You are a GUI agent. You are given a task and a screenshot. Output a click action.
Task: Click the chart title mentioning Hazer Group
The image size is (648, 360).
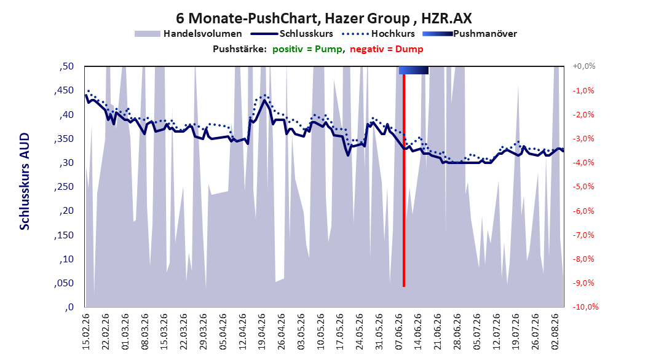pos(323,18)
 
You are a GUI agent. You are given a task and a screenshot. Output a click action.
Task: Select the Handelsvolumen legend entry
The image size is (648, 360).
pos(188,34)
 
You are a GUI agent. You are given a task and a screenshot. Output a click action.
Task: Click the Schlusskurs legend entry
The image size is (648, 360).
pos(292,34)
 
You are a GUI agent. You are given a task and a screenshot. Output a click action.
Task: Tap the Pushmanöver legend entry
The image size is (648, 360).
pos(470,34)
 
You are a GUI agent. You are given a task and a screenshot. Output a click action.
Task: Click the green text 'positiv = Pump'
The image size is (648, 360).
pos(307,49)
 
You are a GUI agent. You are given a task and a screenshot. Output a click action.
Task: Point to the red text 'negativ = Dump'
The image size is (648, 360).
pos(387,49)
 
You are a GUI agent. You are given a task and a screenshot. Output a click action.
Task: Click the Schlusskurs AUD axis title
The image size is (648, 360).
pos(25,181)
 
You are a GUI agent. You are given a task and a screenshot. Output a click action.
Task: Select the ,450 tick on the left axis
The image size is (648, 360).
pos(64,90)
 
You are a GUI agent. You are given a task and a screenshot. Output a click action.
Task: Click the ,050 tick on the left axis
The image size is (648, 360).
pos(64,283)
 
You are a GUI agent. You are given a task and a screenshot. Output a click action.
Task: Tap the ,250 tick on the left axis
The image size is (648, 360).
pos(64,187)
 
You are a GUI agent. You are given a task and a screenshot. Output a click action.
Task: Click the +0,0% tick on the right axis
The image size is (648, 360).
pos(584,66)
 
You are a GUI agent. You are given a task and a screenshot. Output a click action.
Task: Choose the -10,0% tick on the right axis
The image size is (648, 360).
pos(585,307)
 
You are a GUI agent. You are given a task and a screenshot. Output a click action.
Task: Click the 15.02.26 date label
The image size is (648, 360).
pos(86,332)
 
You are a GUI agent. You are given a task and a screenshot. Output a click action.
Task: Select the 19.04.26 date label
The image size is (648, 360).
pos(261,332)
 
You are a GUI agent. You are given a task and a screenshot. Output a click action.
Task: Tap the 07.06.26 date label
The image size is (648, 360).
pos(399,332)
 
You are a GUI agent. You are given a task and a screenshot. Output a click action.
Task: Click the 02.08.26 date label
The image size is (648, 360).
pos(555,332)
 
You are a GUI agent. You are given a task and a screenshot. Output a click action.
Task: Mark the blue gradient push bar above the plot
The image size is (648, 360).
pos(414,70)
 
